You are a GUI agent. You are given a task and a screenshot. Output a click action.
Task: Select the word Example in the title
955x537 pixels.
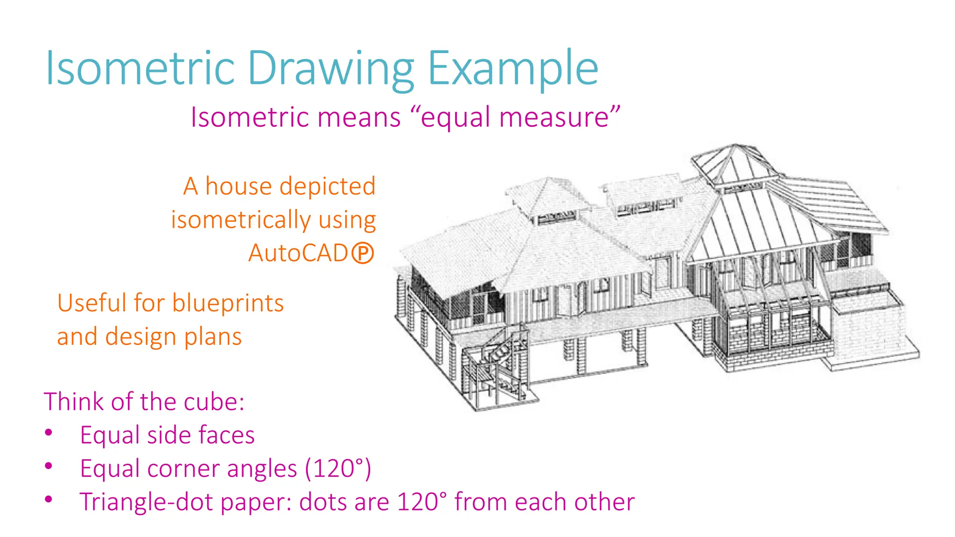[512, 69]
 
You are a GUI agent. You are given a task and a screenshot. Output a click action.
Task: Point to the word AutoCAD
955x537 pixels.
[298, 253]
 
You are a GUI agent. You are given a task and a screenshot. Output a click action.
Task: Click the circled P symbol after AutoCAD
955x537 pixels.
[363, 254]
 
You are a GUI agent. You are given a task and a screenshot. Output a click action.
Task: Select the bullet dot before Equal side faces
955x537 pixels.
[48, 433]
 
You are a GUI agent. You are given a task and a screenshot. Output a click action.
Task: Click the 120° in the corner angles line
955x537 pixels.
[337, 468]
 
